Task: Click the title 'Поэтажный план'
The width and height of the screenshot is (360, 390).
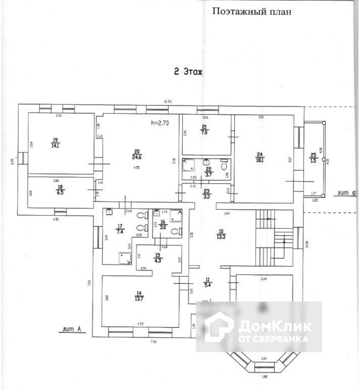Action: coord(251,11)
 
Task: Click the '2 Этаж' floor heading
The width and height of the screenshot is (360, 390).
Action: coord(187,72)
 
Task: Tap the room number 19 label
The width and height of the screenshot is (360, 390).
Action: coord(55,140)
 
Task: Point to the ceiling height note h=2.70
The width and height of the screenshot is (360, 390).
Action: coord(162,122)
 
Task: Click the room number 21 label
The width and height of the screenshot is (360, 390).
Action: coord(204,127)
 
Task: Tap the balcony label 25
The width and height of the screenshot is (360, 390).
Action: coord(314,155)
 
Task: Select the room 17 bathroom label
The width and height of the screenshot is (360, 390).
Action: coord(120,227)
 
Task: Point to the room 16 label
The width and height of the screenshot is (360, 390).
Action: coord(163,222)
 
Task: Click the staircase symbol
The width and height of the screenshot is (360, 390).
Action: coord(270,237)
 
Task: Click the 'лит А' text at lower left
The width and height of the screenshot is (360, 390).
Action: coord(71,330)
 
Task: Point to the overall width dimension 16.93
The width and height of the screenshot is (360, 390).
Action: coord(168,102)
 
